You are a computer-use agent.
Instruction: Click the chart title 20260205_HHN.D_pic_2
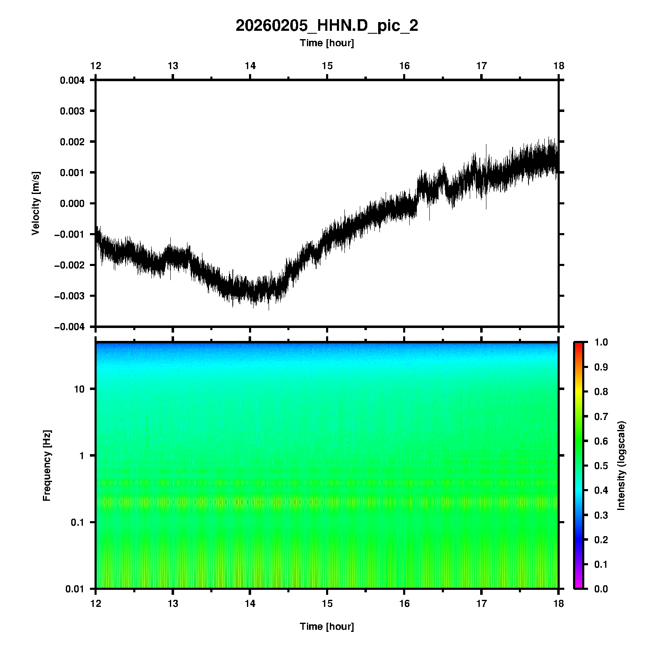[x=326, y=26]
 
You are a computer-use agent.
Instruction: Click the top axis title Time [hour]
[x=326, y=43]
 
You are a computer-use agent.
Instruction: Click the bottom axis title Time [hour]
[x=326, y=626]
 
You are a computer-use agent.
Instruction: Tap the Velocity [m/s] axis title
[x=36, y=203]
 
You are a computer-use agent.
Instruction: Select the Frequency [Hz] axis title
[x=47, y=466]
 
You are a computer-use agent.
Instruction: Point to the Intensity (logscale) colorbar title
[x=621, y=465]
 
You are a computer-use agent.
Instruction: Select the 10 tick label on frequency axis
[x=79, y=389]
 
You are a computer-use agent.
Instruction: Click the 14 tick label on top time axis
[x=250, y=66]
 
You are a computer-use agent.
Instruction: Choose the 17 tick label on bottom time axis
[x=481, y=604]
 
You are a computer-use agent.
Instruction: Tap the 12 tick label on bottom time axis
[x=96, y=604]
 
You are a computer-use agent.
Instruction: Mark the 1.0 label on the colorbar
[x=602, y=342]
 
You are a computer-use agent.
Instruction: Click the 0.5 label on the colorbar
[x=602, y=466]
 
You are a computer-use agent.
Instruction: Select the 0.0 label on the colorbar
[x=602, y=589]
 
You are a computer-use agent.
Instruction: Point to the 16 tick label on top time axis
[x=404, y=66]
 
